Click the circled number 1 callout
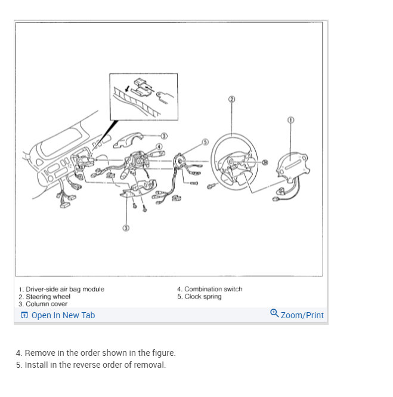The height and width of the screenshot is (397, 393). coord(290,119)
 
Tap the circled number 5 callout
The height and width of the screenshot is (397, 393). coord(205,142)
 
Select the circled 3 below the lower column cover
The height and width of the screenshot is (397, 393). coord(126,227)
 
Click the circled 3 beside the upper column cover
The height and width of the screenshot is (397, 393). coord(163,136)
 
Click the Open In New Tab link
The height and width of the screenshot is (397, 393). coord(63,315)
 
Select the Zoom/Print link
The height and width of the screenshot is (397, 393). coord(302,315)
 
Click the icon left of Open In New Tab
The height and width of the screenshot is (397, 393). coord(24,315)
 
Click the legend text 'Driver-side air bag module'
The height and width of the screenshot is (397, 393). coord(65,290)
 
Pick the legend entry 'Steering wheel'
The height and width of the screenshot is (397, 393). coord(48,297)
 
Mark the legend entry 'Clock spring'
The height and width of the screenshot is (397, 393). coord(203,297)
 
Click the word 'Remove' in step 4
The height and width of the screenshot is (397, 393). coord(39,353)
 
